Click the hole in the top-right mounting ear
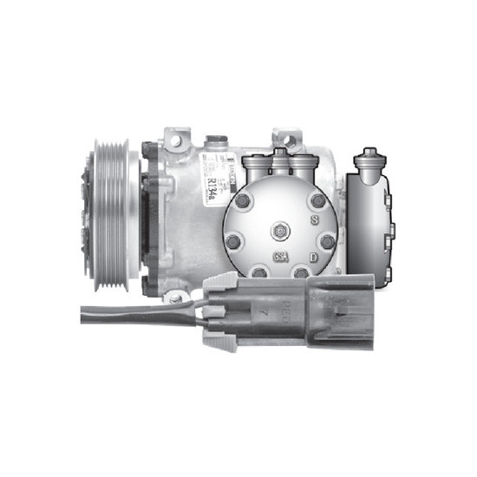pos(287,139)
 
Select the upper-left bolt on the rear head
pos(244,201)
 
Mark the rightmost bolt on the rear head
pos(328,240)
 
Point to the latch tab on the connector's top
pos(222,279)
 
